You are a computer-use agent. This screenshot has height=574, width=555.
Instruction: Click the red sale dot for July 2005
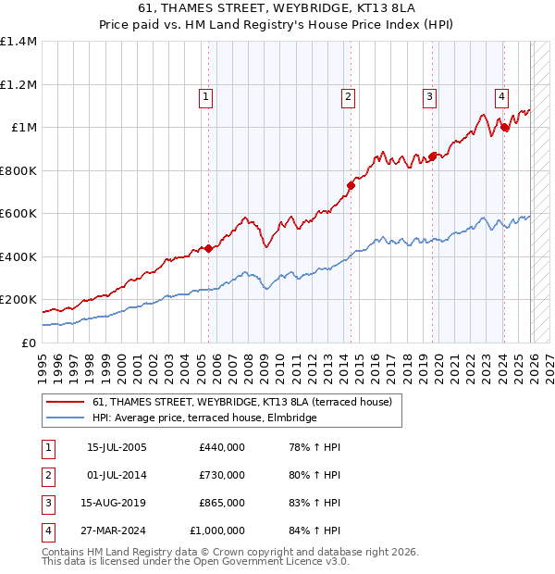[208, 248]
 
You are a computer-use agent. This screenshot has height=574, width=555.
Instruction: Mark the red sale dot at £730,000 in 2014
[351, 185]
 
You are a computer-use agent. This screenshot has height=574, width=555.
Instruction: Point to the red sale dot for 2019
[433, 156]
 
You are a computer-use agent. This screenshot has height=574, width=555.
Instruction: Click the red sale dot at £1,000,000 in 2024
[505, 128]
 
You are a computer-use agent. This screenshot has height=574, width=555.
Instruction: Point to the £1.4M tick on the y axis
[18, 42]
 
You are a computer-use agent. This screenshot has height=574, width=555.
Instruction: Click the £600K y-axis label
[18, 214]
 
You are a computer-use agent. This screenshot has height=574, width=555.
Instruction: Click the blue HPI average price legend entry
[204, 418]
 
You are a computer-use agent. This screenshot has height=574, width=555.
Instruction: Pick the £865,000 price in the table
[222, 504]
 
